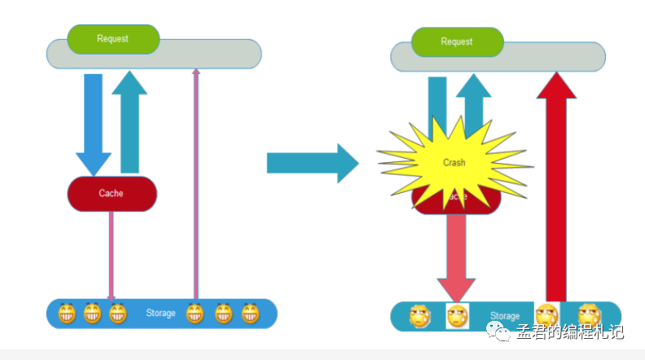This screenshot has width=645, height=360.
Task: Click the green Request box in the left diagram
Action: click(x=112, y=39)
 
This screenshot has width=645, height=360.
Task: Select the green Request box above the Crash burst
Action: click(x=457, y=42)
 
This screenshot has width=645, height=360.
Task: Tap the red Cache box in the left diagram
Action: click(x=111, y=194)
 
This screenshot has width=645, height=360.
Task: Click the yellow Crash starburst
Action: click(x=454, y=163)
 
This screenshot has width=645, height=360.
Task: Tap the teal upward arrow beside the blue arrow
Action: click(x=129, y=122)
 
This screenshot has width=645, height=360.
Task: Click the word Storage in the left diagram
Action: click(x=160, y=314)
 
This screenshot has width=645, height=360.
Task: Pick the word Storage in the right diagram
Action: click(x=505, y=316)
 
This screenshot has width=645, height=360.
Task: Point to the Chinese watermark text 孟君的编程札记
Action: click(x=569, y=332)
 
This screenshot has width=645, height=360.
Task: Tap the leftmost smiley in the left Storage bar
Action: click(x=67, y=314)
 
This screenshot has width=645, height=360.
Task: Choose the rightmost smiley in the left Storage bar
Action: click(x=249, y=314)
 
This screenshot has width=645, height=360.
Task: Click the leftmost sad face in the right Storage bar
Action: click(x=419, y=316)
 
